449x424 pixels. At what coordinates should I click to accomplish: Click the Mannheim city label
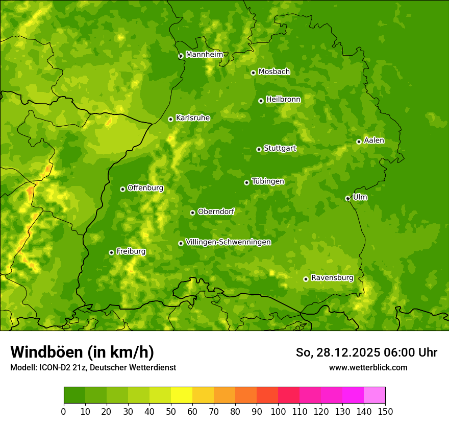[204, 55]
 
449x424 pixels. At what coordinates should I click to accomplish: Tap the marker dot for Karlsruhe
[170, 119]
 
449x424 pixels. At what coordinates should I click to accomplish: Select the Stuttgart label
[280, 149]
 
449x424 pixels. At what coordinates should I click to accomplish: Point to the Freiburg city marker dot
[111, 252]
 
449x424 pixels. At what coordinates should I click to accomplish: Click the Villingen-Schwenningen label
[228, 242]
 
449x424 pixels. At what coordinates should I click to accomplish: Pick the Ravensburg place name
[332, 278]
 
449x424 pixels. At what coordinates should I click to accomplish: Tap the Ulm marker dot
[347, 198]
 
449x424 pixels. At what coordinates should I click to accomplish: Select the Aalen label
[373, 140]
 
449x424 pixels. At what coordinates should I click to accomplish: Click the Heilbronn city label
[283, 100]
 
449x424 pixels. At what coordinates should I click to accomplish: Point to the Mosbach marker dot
[253, 73]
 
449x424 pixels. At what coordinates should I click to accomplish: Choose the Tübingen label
[267, 181]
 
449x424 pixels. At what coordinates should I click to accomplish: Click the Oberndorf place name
[216, 211]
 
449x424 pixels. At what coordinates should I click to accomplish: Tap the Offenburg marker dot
[122, 189]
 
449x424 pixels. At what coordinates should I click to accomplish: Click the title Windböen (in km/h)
[82, 352]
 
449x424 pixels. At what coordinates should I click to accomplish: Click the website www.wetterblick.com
[368, 367]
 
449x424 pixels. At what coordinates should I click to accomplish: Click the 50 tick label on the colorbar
[171, 411]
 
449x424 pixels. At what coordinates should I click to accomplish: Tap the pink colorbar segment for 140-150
[375, 395]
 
